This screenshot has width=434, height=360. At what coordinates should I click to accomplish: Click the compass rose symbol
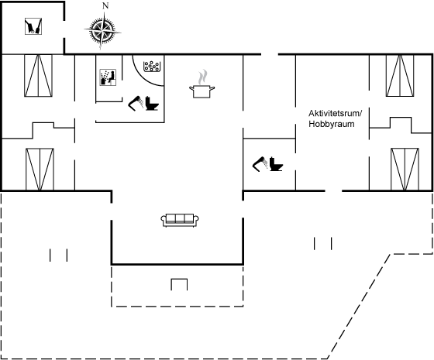click(102, 31)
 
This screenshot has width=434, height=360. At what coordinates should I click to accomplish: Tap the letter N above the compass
click(105, 6)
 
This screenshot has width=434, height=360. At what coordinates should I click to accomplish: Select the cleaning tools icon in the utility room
click(33, 26)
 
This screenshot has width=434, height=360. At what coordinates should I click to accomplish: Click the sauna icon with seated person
click(108, 77)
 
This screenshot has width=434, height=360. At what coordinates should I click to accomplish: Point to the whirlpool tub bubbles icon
click(152, 67)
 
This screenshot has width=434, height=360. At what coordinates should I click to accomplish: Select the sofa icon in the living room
click(180, 221)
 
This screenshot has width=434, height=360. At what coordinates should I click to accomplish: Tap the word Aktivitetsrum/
click(335, 113)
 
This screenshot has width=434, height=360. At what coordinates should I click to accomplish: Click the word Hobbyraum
click(332, 124)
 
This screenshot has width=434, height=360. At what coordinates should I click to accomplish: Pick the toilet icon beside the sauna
click(152, 103)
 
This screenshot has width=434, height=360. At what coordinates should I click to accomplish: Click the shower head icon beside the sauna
click(136, 103)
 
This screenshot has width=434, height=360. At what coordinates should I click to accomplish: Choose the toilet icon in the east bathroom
click(276, 164)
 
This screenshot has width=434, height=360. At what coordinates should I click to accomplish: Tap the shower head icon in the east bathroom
click(260, 164)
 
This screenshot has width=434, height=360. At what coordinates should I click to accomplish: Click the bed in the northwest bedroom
click(38, 76)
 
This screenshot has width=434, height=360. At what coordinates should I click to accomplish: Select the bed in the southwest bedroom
click(40, 170)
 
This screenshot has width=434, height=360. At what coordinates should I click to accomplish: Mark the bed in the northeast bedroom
click(400, 76)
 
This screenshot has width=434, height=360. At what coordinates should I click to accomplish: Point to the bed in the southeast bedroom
click(405, 170)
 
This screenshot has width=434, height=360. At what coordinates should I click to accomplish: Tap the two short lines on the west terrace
click(58, 255)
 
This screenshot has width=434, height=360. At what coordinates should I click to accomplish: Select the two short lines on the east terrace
click(322, 244)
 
